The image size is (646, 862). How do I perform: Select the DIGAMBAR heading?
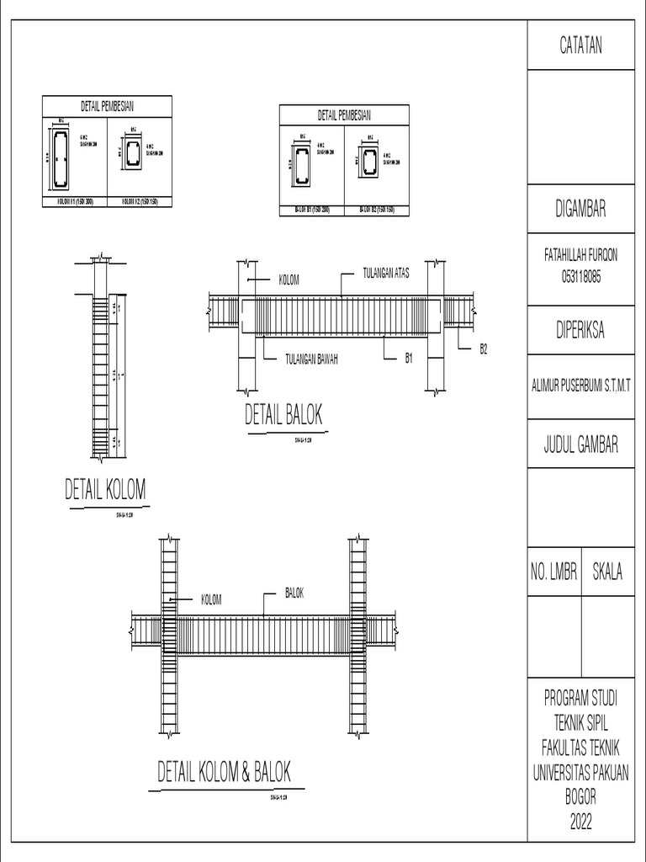coord(581,210)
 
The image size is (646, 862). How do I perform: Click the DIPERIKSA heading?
coord(581,331)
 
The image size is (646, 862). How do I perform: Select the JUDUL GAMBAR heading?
coord(581,444)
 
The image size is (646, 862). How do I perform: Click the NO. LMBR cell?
coord(553,572)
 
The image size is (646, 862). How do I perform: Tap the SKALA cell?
coord(607,572)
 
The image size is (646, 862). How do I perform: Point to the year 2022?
coord(581,822)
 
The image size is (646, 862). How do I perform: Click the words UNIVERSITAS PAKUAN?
coord(581,771)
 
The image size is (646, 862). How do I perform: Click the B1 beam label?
coord(409,359)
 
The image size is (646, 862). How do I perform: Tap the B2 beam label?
coord(483,348)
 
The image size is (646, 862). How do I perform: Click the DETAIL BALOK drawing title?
coord(283,415)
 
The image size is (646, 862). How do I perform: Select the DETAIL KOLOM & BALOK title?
coord(225,772)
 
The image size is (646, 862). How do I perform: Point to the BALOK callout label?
coord(294,593)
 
